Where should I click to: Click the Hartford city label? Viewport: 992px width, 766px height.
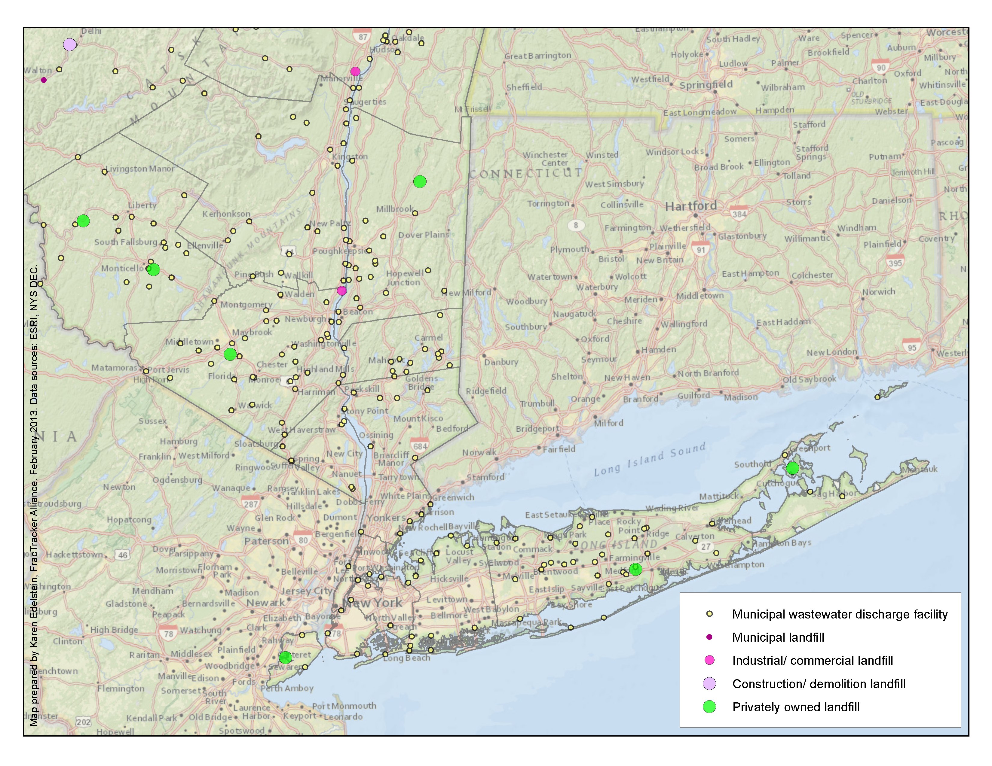(691, 206)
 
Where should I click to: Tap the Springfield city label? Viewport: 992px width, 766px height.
(706, 85)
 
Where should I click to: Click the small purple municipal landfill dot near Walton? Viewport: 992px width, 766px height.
(44, 80)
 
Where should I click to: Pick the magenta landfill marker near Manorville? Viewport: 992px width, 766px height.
(355, 71)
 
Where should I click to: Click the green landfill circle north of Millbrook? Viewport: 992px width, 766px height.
(420, 181)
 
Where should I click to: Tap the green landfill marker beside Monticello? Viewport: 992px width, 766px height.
(154, 269)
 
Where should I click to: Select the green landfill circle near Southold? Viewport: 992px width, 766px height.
(793, 468)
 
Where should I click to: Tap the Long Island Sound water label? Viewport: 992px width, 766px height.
(650, 459)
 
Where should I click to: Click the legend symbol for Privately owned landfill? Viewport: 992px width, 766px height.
(709, 707)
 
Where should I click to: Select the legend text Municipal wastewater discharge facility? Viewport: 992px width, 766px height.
(840, 614)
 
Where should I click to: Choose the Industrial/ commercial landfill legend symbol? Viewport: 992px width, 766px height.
(709, 660)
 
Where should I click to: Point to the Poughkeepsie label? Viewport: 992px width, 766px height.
(339, 251)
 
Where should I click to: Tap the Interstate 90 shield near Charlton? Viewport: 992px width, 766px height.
(881, 67)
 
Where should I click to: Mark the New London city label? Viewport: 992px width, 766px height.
(832, 352)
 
